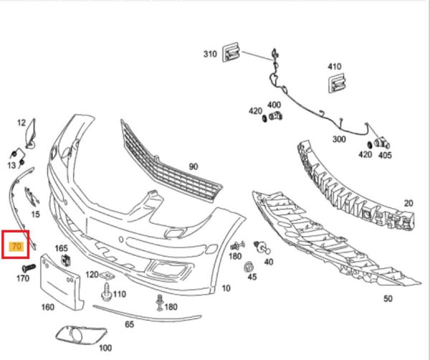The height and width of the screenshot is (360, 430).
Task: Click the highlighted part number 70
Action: click(16, 247)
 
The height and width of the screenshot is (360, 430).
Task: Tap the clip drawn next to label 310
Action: click(231, 52)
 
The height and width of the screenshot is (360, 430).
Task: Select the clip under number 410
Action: click(337, 82)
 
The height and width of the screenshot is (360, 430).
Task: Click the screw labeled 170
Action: click(29, 267)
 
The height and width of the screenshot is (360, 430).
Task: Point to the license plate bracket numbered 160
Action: click(61, 281)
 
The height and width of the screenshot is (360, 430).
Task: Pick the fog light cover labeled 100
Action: click(81, 334)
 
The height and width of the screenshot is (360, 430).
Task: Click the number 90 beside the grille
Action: click(193, 166)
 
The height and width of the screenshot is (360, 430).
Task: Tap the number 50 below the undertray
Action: click(388, 298)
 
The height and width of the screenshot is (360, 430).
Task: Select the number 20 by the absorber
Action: click(408, 203)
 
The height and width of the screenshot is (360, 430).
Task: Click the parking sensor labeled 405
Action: click(382, 143)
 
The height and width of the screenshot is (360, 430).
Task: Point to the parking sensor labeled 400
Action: click(276, 115)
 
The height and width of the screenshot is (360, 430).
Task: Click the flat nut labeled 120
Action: click(106, 275)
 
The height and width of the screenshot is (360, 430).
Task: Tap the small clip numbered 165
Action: click(66, 260)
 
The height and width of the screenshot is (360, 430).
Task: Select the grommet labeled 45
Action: click(249, 267)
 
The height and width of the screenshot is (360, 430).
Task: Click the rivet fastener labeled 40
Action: click(262, 247)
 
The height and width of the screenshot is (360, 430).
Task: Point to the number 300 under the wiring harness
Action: click(339, 139)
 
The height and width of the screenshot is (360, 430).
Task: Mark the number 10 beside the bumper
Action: click(226, 288)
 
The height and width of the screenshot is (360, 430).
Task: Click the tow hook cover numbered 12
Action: click(31, 133)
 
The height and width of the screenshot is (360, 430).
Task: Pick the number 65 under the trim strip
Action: click(130, 324)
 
